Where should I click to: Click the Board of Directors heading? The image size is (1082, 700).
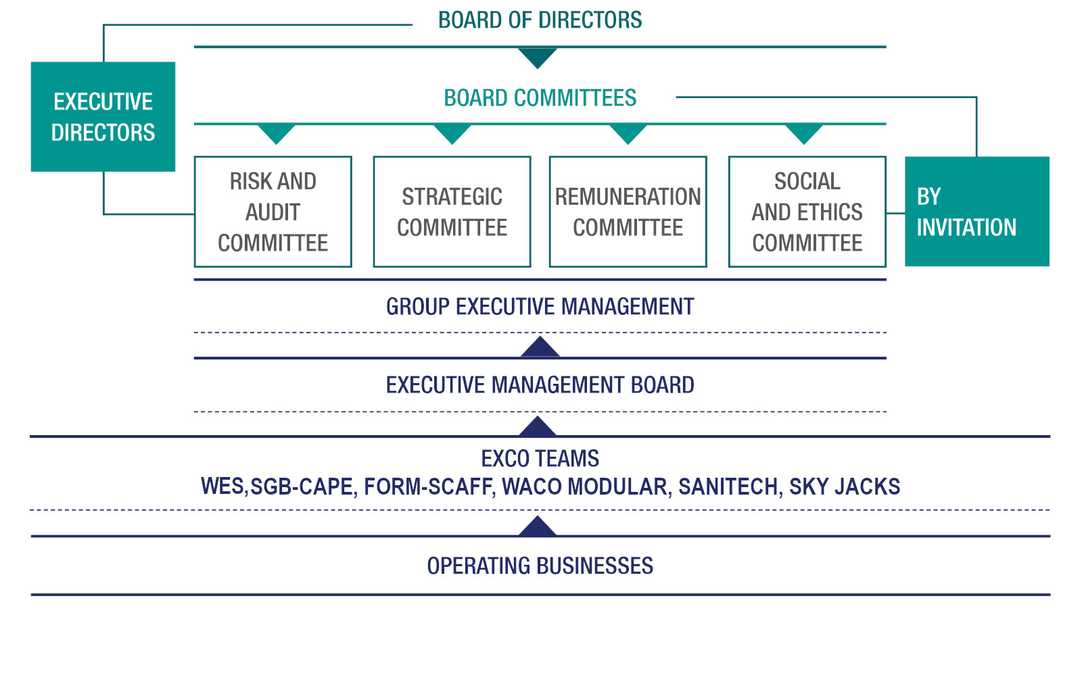point(540,20)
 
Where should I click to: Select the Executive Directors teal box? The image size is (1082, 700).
point(103,117)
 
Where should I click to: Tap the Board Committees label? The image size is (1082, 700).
point(540,98)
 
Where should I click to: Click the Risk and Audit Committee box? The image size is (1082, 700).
point(273,212)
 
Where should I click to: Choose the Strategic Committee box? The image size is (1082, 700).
point(452,212)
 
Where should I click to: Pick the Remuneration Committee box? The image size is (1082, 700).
point(628,212)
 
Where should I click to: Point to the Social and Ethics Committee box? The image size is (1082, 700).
point(807,212)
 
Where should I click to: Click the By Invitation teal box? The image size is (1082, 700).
point(977,211)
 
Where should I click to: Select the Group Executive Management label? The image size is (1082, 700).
point(540,307)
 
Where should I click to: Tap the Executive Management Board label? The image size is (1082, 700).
point(540,385)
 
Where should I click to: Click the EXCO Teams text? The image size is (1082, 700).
point(540,459)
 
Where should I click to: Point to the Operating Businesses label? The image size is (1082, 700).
point(540,566)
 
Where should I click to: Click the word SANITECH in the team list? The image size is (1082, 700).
point(728,486)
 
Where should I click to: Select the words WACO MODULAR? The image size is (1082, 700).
point(584,486)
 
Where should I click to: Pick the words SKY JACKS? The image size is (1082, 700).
point(845,486)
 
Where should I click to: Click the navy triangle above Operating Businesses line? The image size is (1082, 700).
point(537,526)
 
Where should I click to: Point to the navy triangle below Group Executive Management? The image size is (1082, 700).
point(540,347)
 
